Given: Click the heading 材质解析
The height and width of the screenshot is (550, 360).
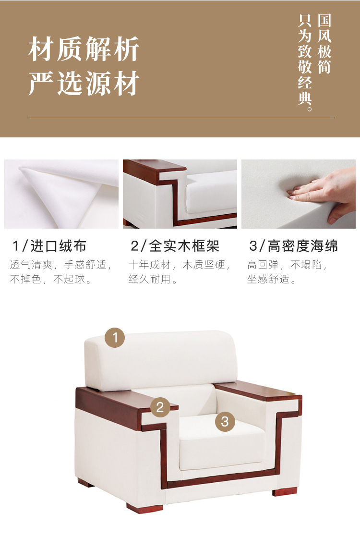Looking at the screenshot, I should click(x=84, y=49).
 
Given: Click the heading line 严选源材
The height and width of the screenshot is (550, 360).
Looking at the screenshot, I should click(x=84, y=84).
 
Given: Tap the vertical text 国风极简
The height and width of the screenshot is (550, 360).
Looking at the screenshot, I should click(x=324, y=44).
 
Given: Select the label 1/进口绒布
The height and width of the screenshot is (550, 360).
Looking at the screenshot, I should click(x=49, y=246).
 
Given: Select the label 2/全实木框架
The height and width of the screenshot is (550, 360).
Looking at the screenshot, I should click(x=175, y=246).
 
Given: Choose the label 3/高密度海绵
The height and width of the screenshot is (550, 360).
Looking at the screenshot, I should click(x=293, y=246).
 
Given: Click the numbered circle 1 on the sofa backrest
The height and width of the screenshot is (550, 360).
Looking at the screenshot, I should click(x=115, y=337).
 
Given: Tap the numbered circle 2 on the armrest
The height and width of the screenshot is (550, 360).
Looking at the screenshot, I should click(x=160, y=407).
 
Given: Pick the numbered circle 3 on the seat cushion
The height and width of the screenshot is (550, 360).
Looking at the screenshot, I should click(x=225, y=422).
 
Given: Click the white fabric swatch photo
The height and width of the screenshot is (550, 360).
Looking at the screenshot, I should click(x=61, y=194).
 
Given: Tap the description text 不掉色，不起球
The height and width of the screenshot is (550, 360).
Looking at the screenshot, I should click(x=51, y=280).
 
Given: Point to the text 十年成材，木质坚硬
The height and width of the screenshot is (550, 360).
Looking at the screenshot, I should click(x=180, y=265).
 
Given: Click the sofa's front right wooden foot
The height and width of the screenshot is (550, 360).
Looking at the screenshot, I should click(x=284, y=490).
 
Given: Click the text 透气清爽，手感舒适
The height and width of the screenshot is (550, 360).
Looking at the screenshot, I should click(x=61, y=265).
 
